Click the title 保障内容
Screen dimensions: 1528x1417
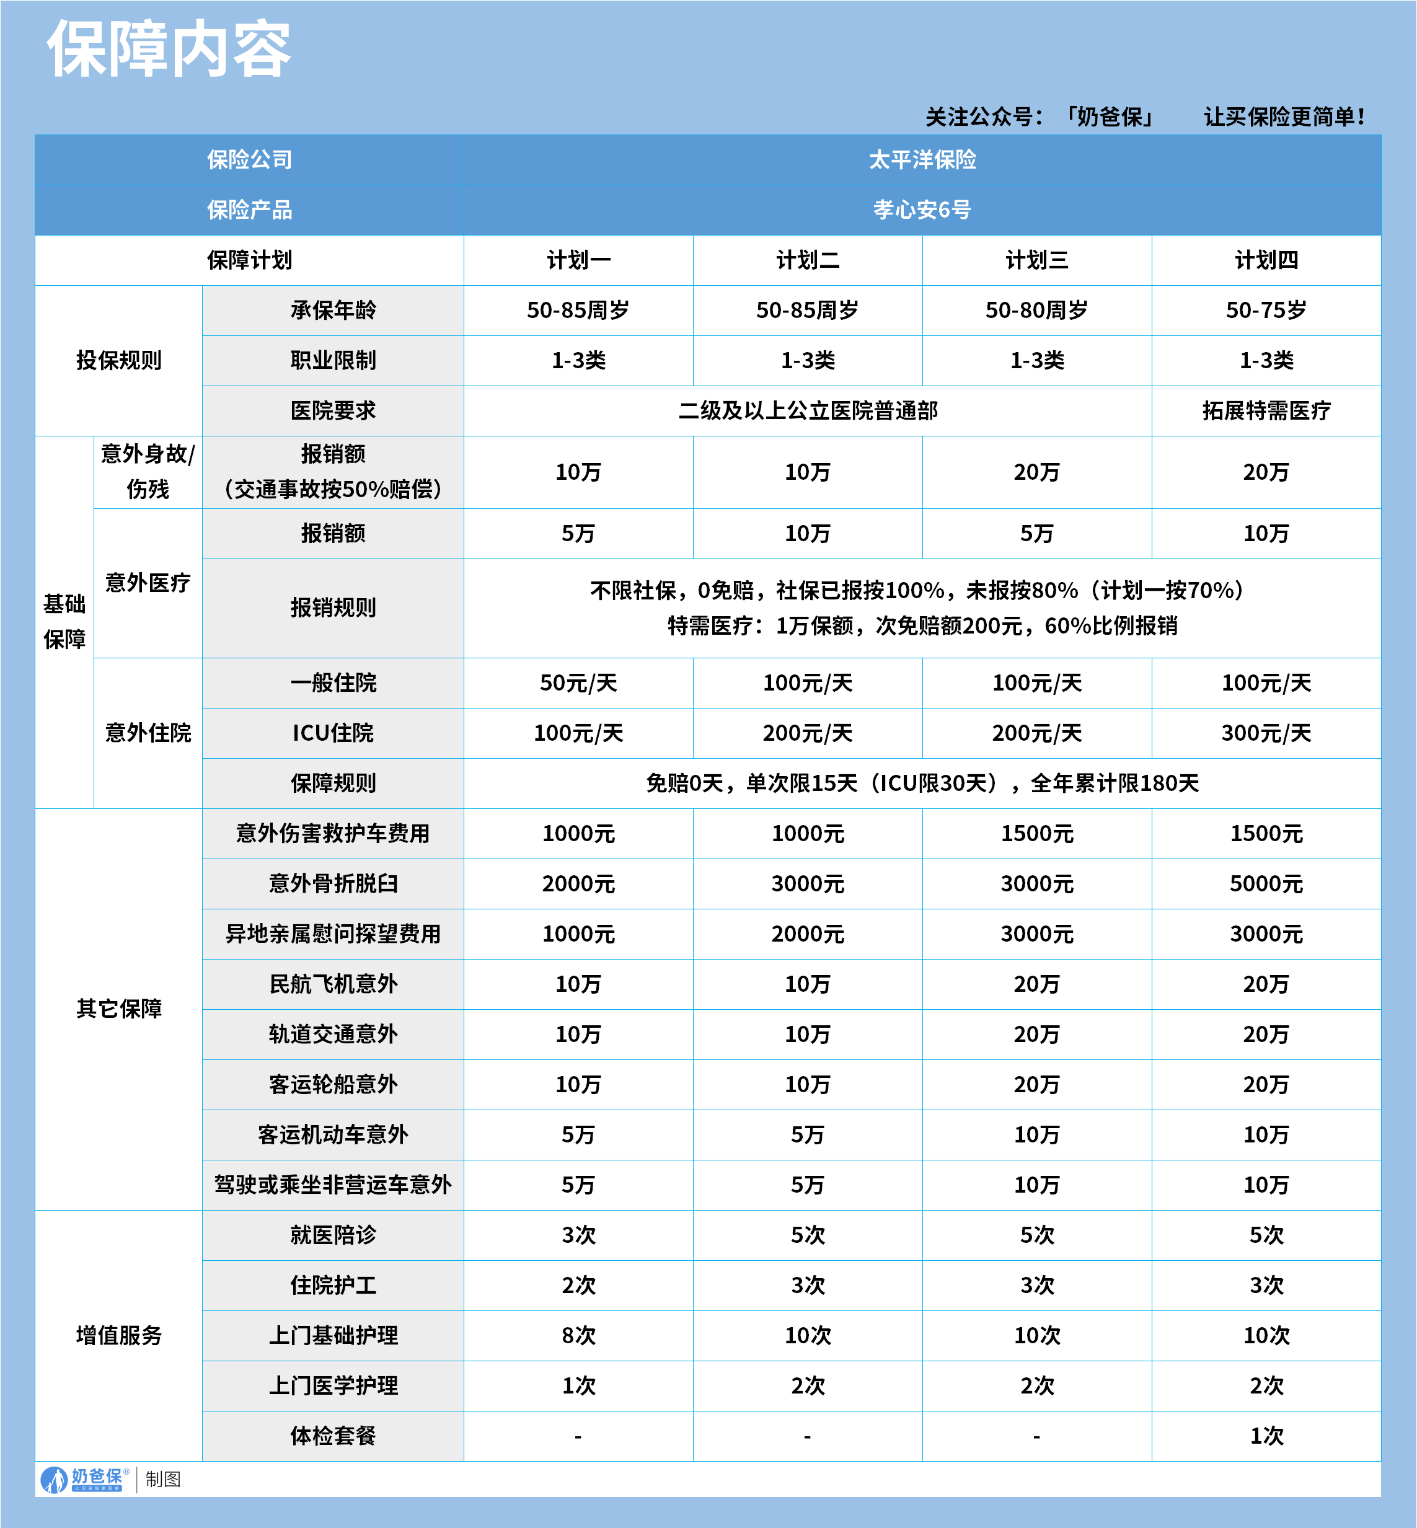tap(169, 49)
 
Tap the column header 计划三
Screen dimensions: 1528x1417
tap(1036, 260)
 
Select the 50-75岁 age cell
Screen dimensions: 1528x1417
tap(1266, 310)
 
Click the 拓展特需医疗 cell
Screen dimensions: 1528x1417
tap(1266, 411)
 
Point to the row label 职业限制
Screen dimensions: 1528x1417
tap(333, 360)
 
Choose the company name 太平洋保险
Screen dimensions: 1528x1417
tap(922, 159)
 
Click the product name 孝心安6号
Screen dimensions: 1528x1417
tap(922, 210)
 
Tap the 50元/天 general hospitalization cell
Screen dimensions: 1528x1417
tap(578, 682)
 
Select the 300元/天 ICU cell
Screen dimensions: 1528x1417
tap(1266, 733)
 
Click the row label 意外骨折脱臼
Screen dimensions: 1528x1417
tap(333, 883)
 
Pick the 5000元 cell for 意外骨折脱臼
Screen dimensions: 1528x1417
tap(1266, 883)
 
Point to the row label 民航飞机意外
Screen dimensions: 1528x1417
tap(333, 984)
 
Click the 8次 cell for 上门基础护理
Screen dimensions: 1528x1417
tap(578, 1335)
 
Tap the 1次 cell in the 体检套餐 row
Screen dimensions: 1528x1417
tap(1266, 1435)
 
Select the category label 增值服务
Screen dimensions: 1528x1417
tap(119, 1335)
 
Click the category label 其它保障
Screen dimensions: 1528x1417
tap(119, 1008)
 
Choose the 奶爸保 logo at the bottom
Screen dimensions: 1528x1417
tap(84, 1479)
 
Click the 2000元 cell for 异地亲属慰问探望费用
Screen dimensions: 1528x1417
tap(808, 934)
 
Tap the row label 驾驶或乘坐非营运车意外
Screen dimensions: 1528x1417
tap(333, 1185)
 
